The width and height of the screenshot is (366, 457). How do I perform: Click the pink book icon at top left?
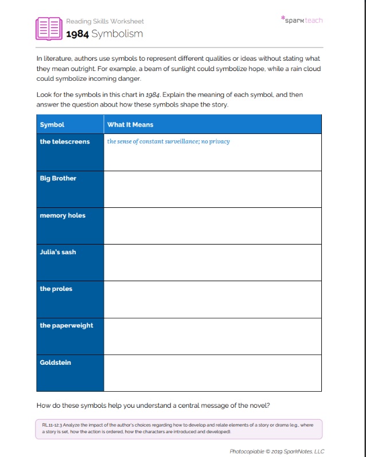pos(48,28)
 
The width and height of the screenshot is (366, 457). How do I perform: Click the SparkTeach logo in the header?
pos(302,20)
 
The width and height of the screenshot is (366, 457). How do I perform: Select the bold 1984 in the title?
pos(77,34)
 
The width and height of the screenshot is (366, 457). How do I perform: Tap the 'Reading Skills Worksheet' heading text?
pos(104,21)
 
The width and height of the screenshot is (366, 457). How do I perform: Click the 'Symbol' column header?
pos(52,124)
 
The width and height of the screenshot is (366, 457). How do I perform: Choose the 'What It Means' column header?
pos(130,124)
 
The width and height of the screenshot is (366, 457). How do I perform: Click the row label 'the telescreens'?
pos(65,141)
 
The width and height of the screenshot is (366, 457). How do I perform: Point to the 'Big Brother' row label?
pos(58,178)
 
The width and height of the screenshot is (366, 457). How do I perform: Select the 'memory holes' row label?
pos(63,215)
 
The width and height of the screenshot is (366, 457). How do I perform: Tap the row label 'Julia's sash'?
pos(58,252)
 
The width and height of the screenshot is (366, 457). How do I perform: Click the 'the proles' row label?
pos(56,289)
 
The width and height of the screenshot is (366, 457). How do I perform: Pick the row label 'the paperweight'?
pos(67,325)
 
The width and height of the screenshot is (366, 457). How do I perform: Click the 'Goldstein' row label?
pos(55,363)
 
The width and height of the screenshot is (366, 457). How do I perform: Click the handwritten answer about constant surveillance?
pos(168,141)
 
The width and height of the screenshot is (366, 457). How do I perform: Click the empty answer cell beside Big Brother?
pos(212,189)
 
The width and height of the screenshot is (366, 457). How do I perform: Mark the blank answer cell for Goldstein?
pos(212,373)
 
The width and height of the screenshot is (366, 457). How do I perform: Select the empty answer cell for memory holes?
pos(212,226)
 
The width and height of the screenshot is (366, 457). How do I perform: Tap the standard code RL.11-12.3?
pos(53,426)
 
